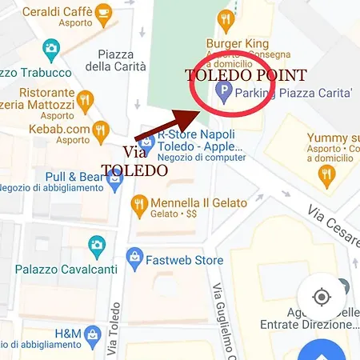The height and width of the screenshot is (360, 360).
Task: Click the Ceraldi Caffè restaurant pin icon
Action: [x=102, y=14]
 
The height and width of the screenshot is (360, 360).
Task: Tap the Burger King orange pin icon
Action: [x=226, y=19]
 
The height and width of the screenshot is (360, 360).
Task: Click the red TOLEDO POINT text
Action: [x=246, y=76]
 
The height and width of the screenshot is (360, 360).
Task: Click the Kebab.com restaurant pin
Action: [x=99, y=130]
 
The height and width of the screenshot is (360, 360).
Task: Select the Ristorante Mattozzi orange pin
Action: [x=86, y=100]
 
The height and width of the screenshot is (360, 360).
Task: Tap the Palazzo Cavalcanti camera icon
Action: [x=97, y=244]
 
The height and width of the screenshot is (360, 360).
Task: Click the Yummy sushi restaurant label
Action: [x=333, y=138]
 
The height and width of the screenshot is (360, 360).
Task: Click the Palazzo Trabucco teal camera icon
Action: [x=51, y=48]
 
